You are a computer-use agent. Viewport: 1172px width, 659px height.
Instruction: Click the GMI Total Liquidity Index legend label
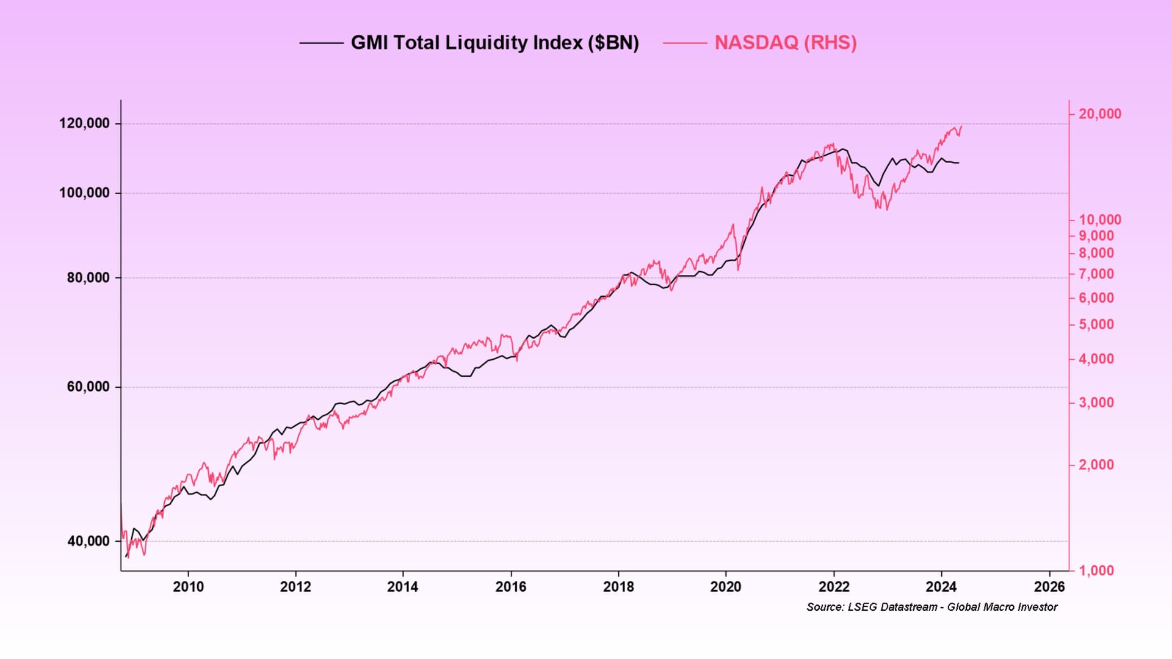(494, 43)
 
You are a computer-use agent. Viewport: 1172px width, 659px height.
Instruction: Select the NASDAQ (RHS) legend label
(786, 43)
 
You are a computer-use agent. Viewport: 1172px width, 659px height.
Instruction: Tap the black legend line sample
(321, 43)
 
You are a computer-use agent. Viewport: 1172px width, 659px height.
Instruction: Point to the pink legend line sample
(684, 43)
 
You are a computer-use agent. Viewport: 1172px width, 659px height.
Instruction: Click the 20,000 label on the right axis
(1100, 114)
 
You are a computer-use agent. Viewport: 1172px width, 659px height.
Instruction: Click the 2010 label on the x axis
(188, 587)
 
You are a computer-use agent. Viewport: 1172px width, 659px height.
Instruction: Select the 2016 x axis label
(511, 587)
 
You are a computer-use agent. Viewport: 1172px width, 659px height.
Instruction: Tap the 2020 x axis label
(726, 587)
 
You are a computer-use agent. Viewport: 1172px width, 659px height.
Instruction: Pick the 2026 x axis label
(1049, 587)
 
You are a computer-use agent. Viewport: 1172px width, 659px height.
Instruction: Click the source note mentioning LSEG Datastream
(931, 607)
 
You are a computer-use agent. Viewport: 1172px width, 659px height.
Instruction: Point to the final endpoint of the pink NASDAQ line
(962, 126)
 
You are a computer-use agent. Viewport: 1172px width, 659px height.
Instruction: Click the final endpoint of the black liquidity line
(959, 163)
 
